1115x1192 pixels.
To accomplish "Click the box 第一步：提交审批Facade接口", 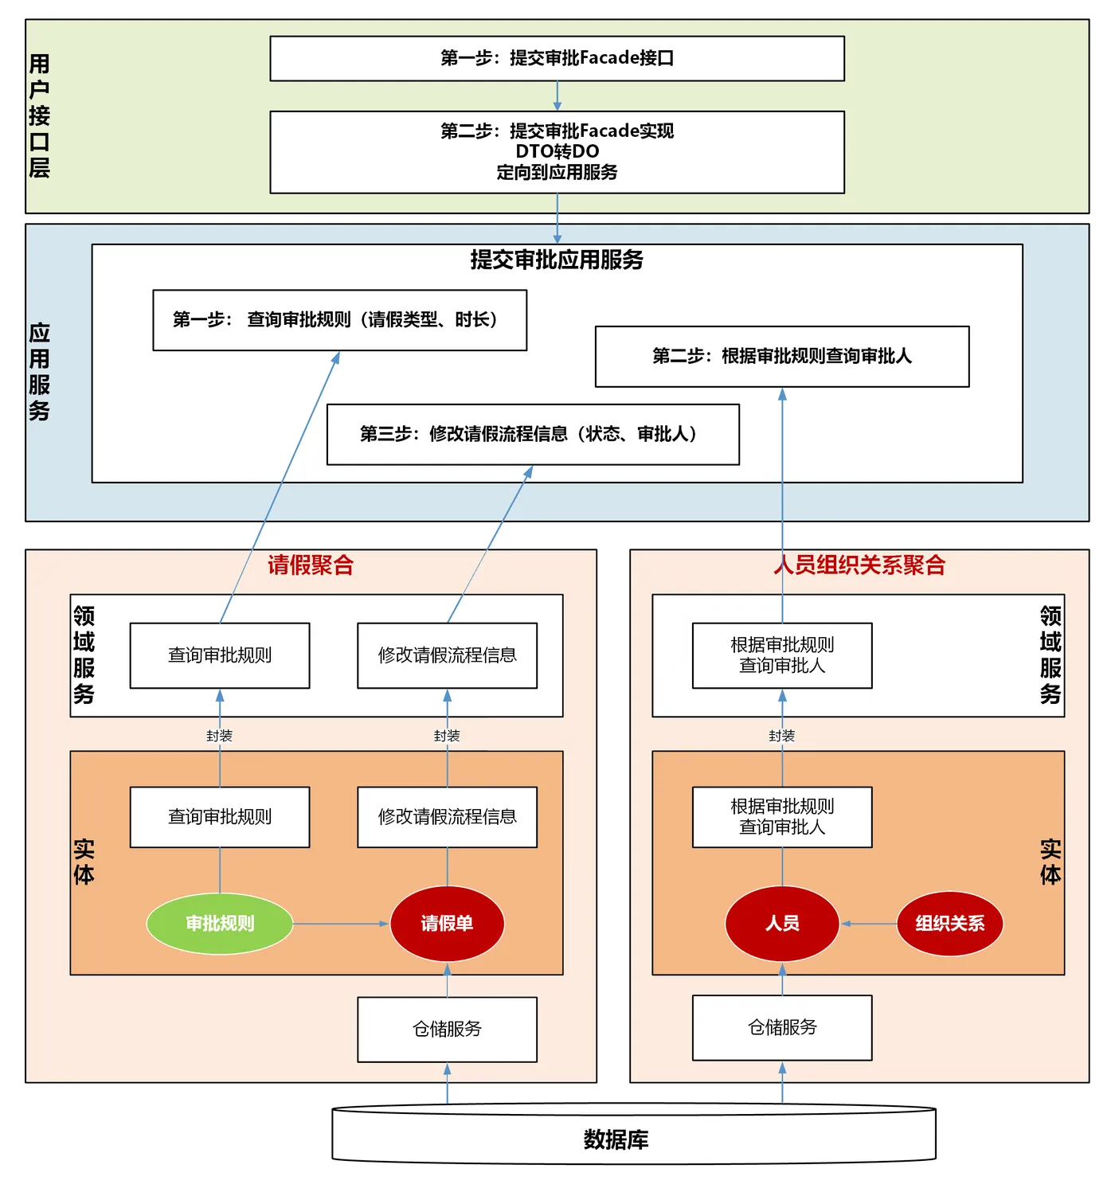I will [x=557, y=58].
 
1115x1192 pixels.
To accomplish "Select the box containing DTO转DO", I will [x=557, y=151].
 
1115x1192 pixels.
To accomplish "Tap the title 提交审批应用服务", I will [x=557, y=260].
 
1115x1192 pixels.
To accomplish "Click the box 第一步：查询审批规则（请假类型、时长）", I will [x=339, y=320].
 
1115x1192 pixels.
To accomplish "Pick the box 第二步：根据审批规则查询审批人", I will [x=781, y=356].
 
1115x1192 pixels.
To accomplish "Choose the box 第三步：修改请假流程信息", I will [x=532, y=434].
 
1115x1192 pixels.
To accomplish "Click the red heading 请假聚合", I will [x=310, y=565].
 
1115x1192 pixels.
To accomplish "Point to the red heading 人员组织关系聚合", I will [x=859, y=565].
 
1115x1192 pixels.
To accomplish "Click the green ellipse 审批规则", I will [x=220, y=924].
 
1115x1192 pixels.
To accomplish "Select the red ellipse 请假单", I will [x=447, y=924].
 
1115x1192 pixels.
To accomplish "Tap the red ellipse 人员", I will [x=782, y=924].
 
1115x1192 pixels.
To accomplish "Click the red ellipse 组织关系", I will [x=949, y=924].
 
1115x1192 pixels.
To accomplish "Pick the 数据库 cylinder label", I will [x=616, y=1139].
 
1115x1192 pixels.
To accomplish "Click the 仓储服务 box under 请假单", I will [x=447, y=1029].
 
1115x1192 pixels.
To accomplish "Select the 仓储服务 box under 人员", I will [x=782, y=1027].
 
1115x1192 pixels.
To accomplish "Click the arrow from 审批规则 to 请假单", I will [x=341, y=924].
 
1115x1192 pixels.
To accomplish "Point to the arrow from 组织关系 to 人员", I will [x=868, y=924].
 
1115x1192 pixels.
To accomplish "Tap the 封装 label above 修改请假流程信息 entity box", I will [x=447, y=736].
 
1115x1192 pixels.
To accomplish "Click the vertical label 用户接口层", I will [x=39, y=116].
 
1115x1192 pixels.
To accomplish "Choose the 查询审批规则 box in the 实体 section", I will [x=220, y=817].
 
